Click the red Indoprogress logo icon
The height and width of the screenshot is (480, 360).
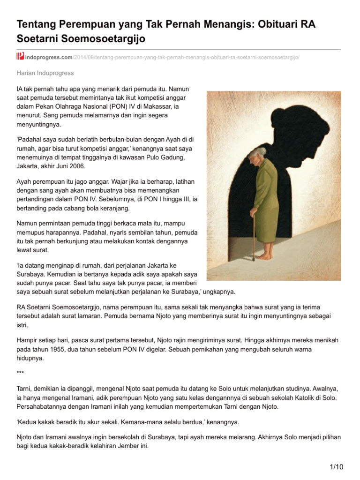(x=20, y=57)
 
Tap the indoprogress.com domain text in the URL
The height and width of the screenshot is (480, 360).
(x=49, y=57)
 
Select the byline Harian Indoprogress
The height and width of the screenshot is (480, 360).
(x=45, y=73)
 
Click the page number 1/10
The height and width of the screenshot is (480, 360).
(x=337, y=467)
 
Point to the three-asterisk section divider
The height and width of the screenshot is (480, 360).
(x=20, y=373)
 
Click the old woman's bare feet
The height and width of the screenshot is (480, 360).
(x=265, y=257)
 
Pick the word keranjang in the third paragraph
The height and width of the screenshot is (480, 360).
(x=116, y=208)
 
